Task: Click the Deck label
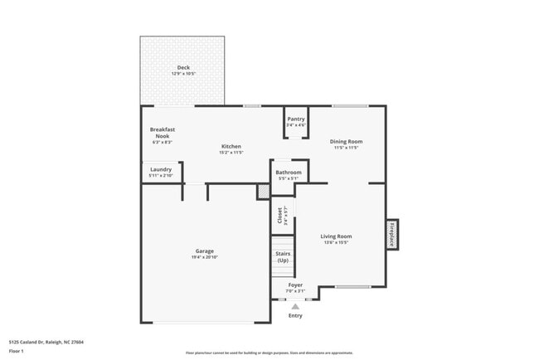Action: click(x=182, y=67)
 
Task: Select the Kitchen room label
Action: click(x=231, y=146)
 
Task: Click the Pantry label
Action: click(x=296, y=119)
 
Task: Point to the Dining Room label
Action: click(x=346, y=142)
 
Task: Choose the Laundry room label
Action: click(x=161, y=169)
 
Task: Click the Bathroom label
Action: click(x=289, y=173)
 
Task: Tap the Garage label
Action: click(x=205, y=251)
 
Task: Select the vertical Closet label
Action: click(x=279, y=216)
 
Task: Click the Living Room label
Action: click(x=336, y=236)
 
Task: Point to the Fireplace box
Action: click(x=391, y=234)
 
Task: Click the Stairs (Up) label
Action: click(x=283, y=257)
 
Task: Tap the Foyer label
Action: click(x=295, y=285)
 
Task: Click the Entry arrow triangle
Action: click(x=295, y=306)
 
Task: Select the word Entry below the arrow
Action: click(x=295, y=315)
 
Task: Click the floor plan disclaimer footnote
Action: click(x=269, y=353)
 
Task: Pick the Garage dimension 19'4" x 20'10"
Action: click(x=205, y=257)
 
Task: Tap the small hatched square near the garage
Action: click(x=263, y=192)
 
